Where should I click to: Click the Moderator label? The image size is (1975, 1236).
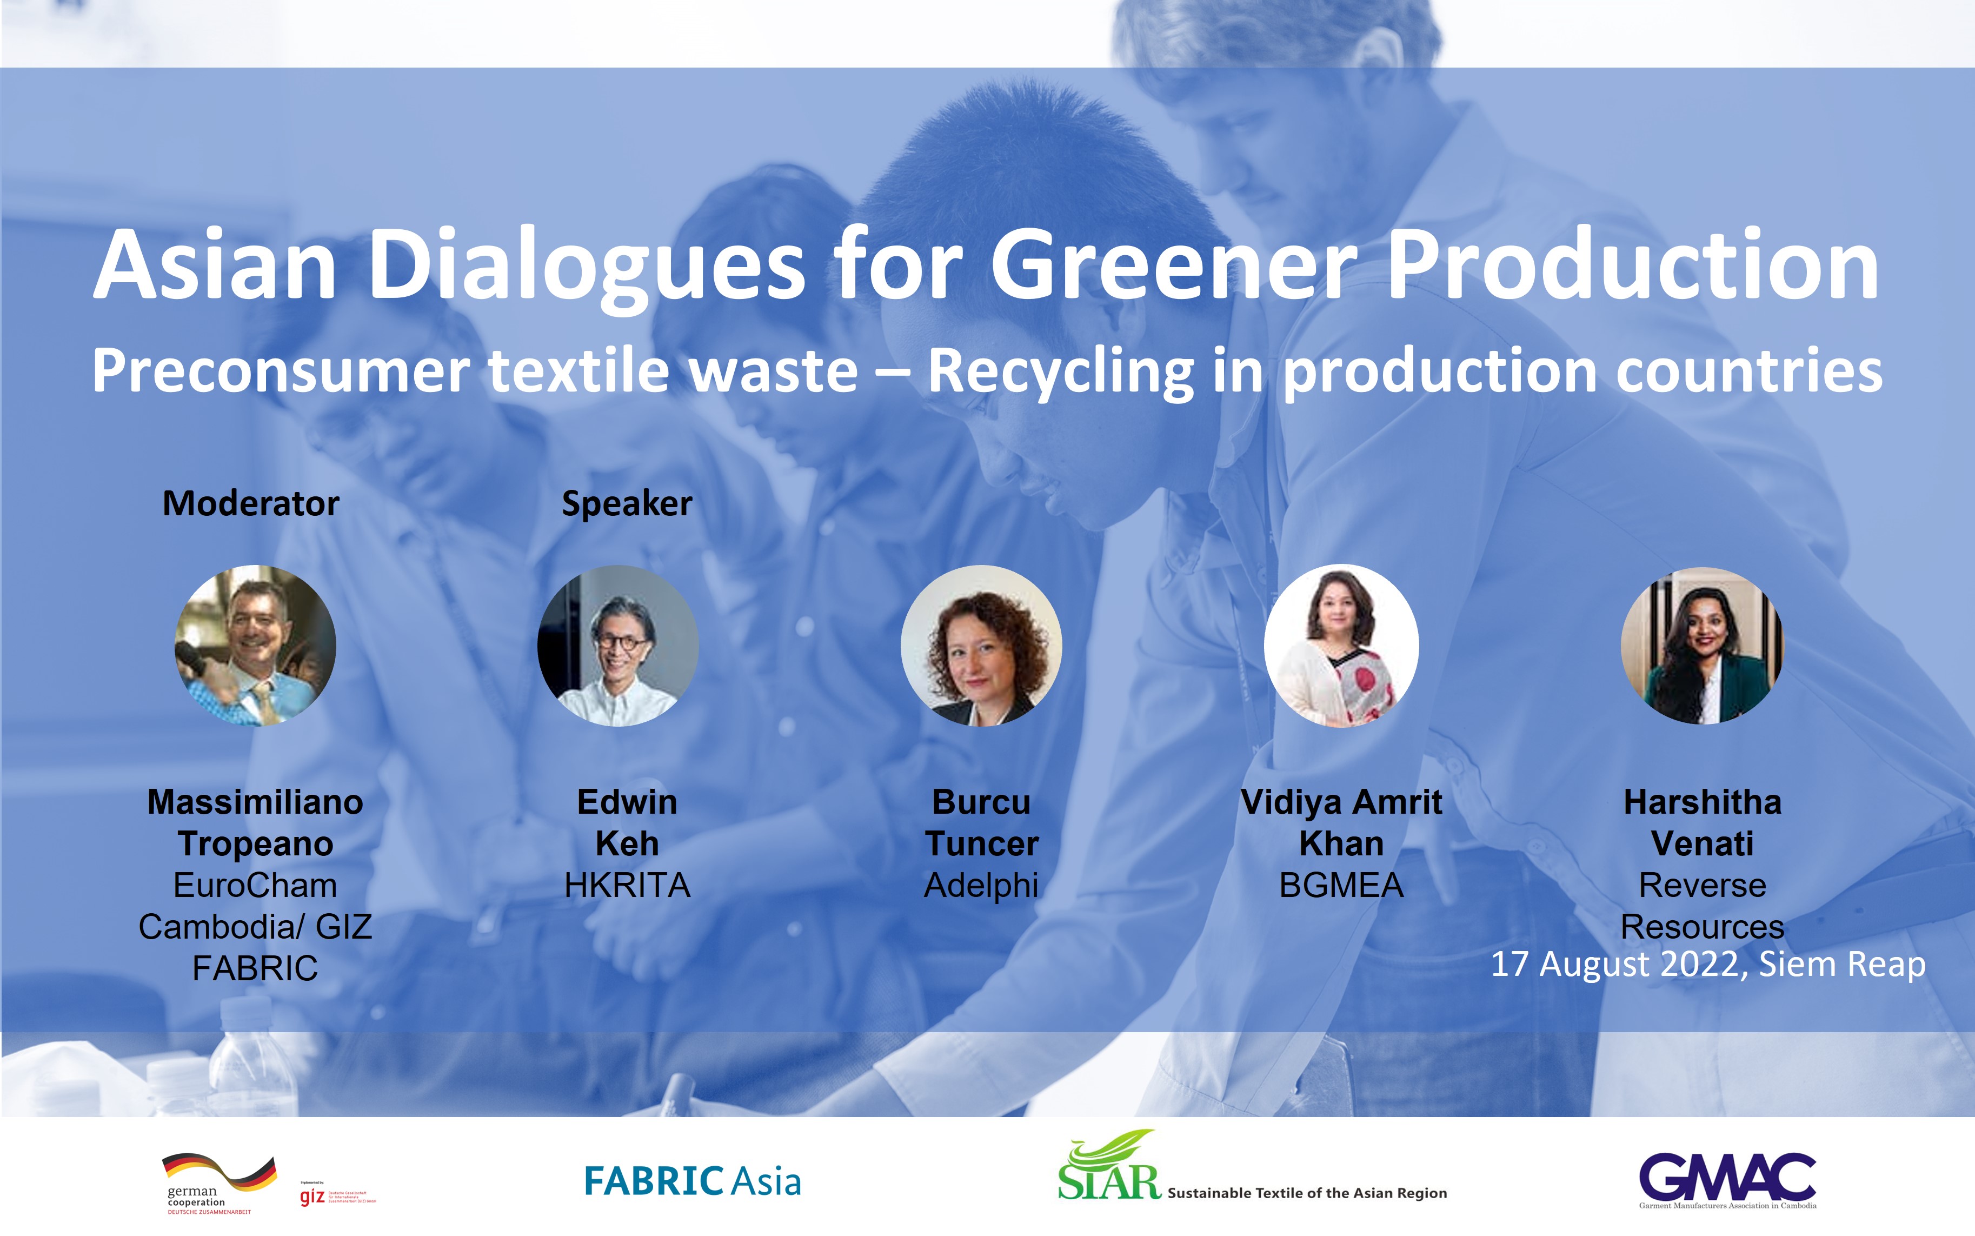[x=251, y=503]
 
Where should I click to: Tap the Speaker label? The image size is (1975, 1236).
[x=627, y=503]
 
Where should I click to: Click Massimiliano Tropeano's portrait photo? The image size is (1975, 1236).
[x=255, y=645]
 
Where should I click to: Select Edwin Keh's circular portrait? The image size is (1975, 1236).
[x=618, y=645]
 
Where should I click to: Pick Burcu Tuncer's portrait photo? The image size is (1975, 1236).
[x=981, y=645]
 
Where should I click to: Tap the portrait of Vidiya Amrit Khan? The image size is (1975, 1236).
[x=1341, y=645]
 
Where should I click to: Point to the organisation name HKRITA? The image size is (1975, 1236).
[x=627, y=885]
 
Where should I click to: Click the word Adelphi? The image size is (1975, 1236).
[x=981, y=885]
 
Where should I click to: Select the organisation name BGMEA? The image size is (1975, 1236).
[x=1341, y=885]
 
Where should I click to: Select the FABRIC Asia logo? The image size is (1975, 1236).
[x=693, y=1181]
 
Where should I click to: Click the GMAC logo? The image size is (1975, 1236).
[x=1727, y=1180]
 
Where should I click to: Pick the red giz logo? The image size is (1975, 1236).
[x=312, y=1197]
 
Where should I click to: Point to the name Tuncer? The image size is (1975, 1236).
[x=981, y=843]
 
